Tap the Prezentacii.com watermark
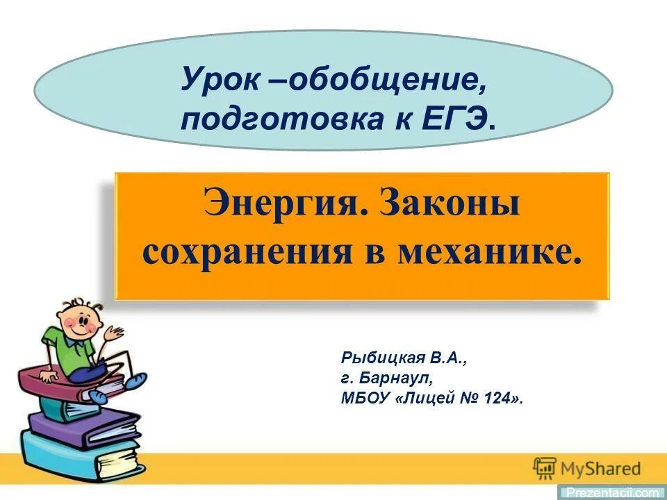[x=612, y=492]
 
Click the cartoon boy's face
[x=77, y=324]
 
